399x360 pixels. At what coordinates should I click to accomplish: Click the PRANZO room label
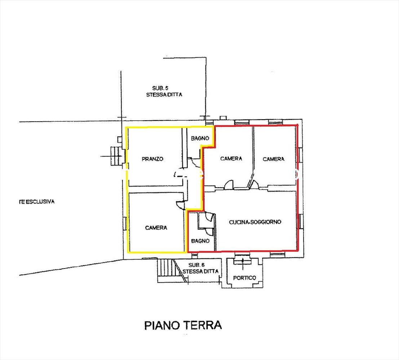[152, 159]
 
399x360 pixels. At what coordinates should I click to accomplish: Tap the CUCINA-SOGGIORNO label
[255, 222]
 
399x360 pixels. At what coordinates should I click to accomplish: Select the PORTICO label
[244, 278]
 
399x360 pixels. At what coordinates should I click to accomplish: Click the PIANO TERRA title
[183, 325]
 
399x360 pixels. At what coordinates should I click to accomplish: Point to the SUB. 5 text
[160, 88]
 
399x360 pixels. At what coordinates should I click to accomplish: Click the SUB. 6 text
[196, 265]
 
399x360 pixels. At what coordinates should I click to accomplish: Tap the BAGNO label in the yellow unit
[200, 138]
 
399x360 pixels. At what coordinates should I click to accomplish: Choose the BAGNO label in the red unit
[200, 241]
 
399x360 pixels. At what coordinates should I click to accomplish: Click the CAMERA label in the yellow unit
[156, 228]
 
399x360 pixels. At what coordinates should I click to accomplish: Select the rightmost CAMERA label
[274, 159]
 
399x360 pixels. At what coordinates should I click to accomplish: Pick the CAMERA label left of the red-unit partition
[231, 159]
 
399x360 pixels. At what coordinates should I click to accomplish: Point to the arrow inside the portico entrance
[243, 264]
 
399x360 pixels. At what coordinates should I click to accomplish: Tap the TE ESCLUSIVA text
[37, 202]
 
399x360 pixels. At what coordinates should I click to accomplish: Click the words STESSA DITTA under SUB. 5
[164, 95]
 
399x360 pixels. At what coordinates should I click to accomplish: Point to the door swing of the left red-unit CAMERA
[228, 184]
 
